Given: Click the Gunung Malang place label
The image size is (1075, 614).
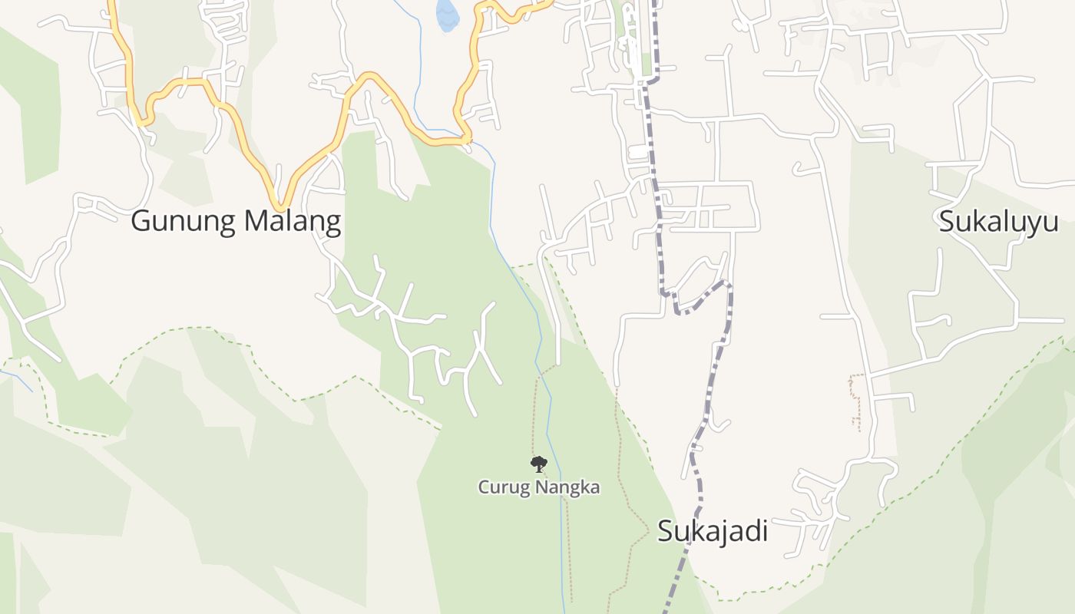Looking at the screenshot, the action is pyautogui.click(x=236, y=221).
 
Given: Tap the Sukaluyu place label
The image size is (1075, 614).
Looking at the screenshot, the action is pyautogui.click(x=998, y=222).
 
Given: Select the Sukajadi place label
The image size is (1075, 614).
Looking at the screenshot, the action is pyautogui.click(x=712, y=531).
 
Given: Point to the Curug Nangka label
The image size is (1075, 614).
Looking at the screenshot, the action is pyautogui.click(x=538, y=487).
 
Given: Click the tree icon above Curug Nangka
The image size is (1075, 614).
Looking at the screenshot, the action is pyautogui.click(x=539, y=463).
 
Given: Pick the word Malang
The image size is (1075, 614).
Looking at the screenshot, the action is pyautogui.click(x=293, y=221).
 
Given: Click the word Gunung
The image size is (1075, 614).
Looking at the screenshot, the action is pyautogui.click(x=184, y=221).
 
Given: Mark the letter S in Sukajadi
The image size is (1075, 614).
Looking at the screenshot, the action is pyautogui.click(x=665, y=531).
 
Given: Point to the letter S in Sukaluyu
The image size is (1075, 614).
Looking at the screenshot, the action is pyautogui.click(x=947, y=222).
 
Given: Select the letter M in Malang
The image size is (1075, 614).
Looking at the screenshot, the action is pyautogui.click(x=256, y=221).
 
